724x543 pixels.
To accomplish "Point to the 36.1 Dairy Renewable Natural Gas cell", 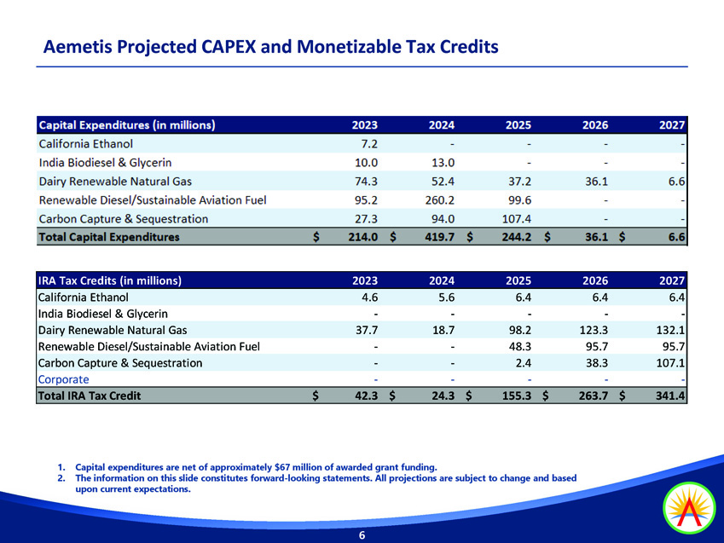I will (x=593, y=182).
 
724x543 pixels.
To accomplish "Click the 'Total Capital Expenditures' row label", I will (x=109, y=238).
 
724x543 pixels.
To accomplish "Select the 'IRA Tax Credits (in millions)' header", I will (x=110, y=280).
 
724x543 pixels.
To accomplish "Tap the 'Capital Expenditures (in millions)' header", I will (x=126, y=125).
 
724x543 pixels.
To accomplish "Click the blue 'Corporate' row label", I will (x=63, y=379).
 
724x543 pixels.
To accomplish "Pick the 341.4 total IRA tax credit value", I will (x=670, y=396).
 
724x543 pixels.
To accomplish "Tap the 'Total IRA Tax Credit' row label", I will (x=90, y=396).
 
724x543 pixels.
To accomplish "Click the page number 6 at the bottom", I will (x=362, y=535).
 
